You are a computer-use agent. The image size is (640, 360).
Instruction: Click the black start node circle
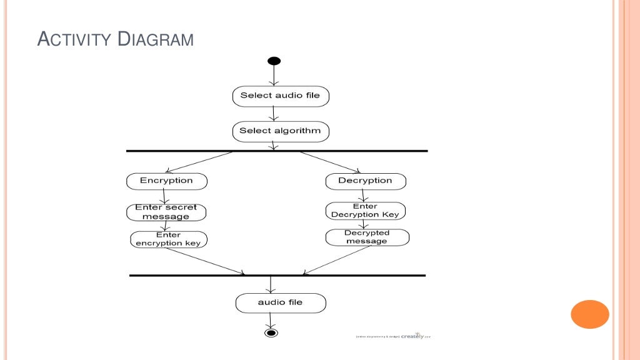pyautogui.click(x=274, y=61)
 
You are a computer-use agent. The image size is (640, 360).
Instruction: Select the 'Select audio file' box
pyautogui.click(x=280, y=96)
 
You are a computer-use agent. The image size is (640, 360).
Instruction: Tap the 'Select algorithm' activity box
pyautogui.click(x=280, y=131)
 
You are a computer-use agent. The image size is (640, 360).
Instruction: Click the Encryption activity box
pyautogui.click(x=166, y=181)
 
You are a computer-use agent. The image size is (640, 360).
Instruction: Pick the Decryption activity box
pyautogui.click(x=366, y=181)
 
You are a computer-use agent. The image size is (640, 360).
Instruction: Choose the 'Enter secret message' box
pyautogui.click(x=166, y=212)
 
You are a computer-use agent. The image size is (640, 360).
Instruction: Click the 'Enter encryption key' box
pyautogui.click(x=169, y=239)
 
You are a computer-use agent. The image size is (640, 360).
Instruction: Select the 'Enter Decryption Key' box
pyautogui.click(x=366, y=211)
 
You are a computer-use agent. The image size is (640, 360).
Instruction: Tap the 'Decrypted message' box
pyautogui.click(x=367, y=237)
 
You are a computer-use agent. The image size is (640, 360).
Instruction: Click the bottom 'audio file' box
pyautogui.click(x=280, y=303)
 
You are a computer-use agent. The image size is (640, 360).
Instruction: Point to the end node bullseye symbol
pyautogui.click(x=271, y=333)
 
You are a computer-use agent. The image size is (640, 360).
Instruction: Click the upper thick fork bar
pyautogui.click(x=277, y=151)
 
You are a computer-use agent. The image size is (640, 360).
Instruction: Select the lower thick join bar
pyautogui.click(x=277, y=276)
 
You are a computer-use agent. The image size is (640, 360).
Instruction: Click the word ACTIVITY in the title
pyautogui.click(x=75, y=41)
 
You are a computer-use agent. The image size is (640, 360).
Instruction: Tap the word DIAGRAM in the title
pyautogui.click(x=156, y=41)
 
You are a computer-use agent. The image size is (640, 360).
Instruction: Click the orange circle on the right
pyautogui.click(x=589, y=314)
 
